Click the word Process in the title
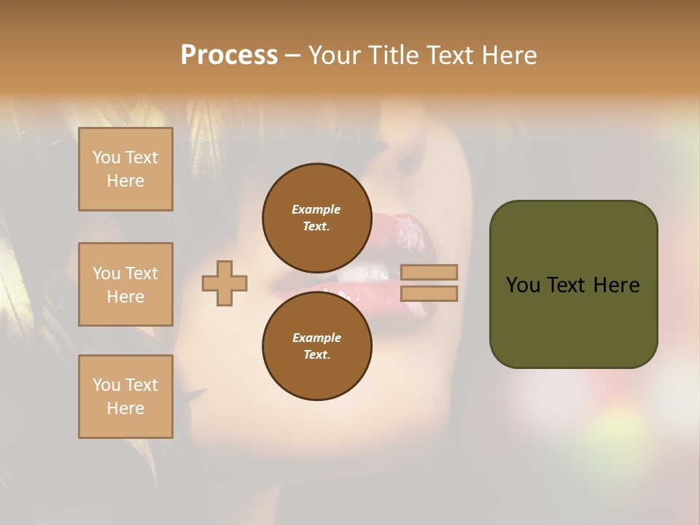(x=229, y=55)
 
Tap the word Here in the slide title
(x=508, y=55)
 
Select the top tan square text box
(x=125, y=169)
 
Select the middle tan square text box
(x=125, y=284)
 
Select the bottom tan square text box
(x=125, y=397)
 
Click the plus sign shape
(x=225, y=283)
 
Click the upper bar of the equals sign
(x=429, y=272)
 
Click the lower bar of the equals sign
(x=429, y=293)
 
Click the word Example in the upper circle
(x=316, y=209)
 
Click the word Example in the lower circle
(x=316, y=338)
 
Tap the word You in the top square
(x=106, y=157)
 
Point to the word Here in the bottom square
(x=125, y=408)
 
